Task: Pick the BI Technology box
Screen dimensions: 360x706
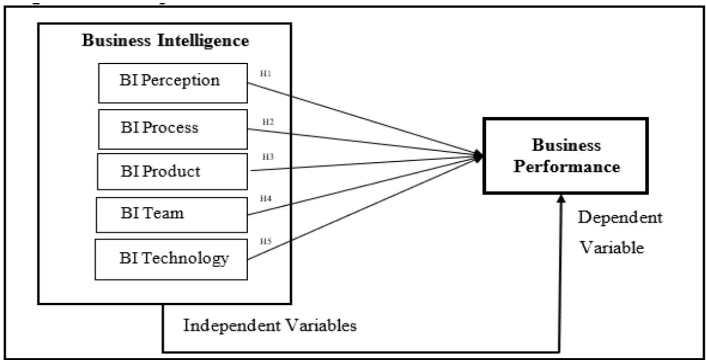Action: (173, 259)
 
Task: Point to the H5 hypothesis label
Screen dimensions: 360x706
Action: (265, 241)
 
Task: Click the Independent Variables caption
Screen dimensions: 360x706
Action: (270, 326)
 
